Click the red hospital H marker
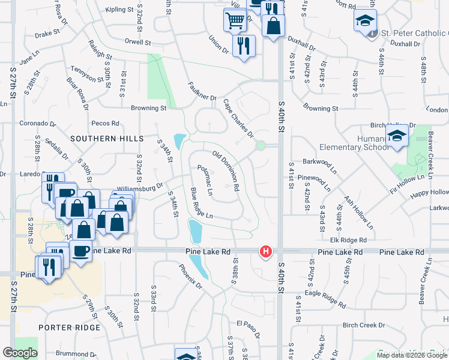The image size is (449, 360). click(265, 253)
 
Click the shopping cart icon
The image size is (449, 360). click(235, 20)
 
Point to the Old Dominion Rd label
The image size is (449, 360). click(226, 170)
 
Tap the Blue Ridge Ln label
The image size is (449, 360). click(202, 203)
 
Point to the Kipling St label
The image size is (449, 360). click(119, 10)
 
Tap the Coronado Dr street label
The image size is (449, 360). click(37, 123)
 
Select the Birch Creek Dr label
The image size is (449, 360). click(363, 325)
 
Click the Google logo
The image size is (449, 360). click(20, 353)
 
